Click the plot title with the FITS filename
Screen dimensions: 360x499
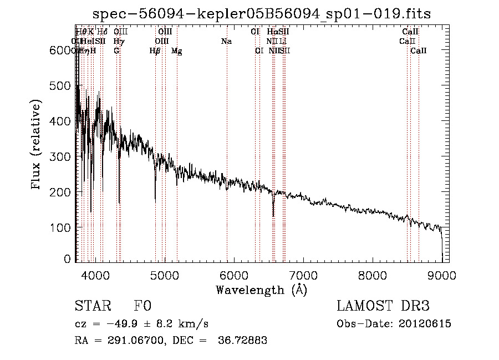pos(262,13)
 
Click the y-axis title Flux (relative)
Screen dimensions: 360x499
pos(37,145)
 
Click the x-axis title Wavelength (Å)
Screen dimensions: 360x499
pos(261,290)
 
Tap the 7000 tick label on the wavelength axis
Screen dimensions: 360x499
pos(303,275)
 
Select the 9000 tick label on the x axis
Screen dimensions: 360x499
pos(442,275)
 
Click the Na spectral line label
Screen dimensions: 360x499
pos(226,42)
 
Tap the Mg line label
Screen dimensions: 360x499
pos(176,51)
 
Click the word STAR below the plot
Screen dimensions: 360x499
pos(93,307)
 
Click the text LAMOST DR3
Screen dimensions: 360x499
pos(383,307)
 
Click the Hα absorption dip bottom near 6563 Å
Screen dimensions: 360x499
pos(273,215)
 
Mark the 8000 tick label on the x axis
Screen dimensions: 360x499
pos(372,275)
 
